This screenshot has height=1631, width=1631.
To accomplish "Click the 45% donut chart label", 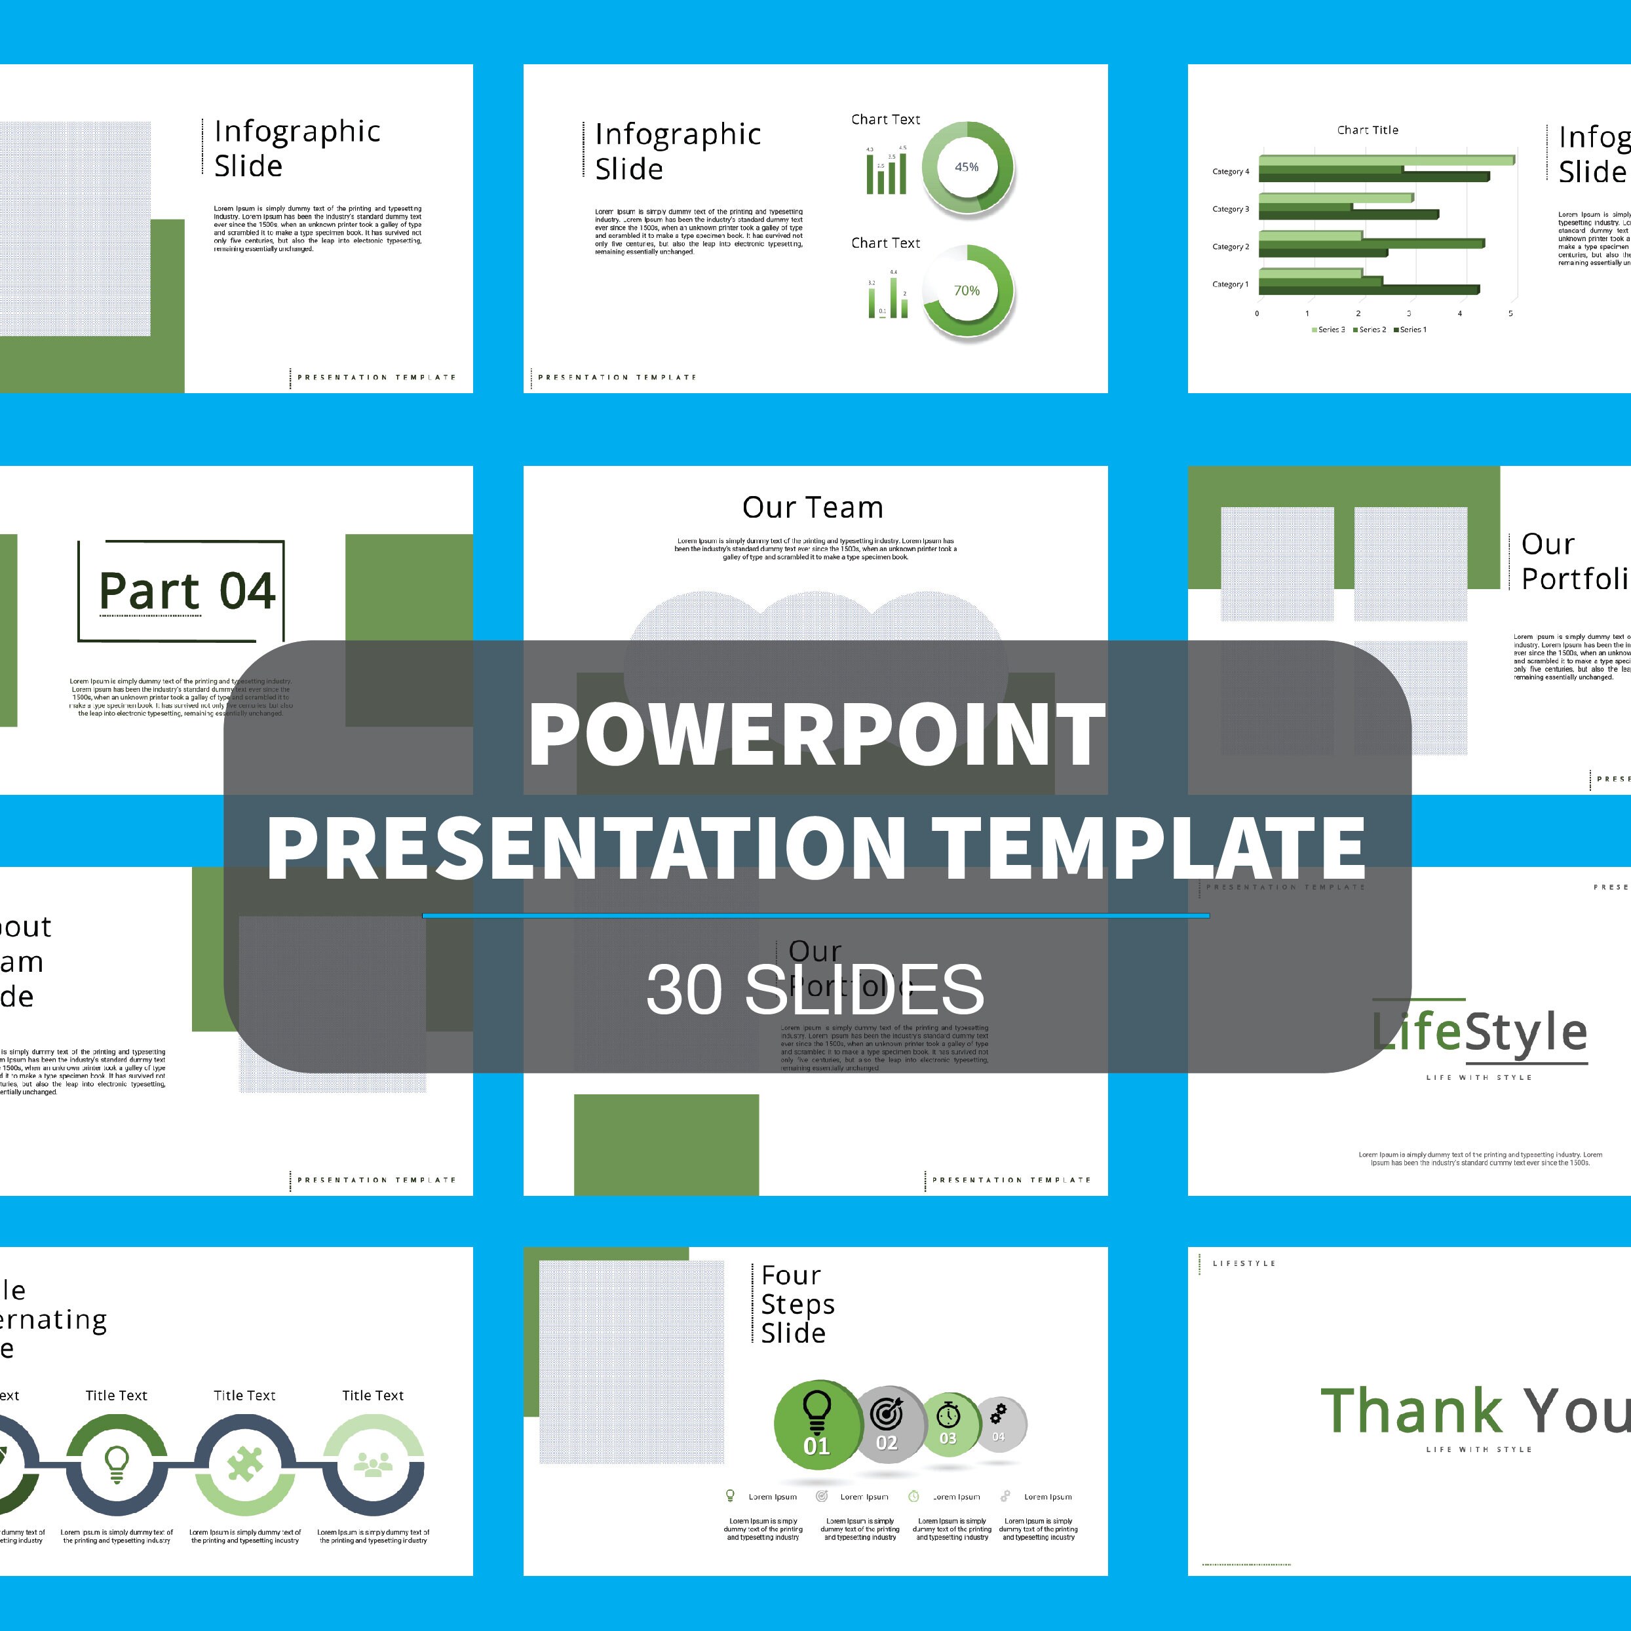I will pos(967,167).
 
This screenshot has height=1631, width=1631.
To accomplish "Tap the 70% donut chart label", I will pos(967,290).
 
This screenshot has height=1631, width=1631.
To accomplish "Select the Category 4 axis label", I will pos(1230,172).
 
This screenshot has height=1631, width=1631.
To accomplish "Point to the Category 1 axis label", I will pos(1230,284).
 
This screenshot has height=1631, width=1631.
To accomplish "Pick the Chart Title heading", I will pos(1368,130).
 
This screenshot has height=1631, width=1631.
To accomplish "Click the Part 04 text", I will pos(187,590).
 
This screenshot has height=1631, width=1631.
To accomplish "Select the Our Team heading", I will pos(813,507).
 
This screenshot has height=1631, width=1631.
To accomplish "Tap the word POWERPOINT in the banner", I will pos(816,734).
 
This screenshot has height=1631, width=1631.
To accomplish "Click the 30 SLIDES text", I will pos(815,989).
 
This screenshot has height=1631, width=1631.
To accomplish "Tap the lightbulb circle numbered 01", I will pos(816,1424).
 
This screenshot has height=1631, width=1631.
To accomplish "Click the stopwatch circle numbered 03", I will pos(949,1423).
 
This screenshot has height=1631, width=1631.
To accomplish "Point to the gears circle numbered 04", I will pos(999,1423).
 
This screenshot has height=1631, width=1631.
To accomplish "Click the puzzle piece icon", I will pos(245,1465).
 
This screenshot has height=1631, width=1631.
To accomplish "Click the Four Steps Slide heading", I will pos(797,1304).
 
